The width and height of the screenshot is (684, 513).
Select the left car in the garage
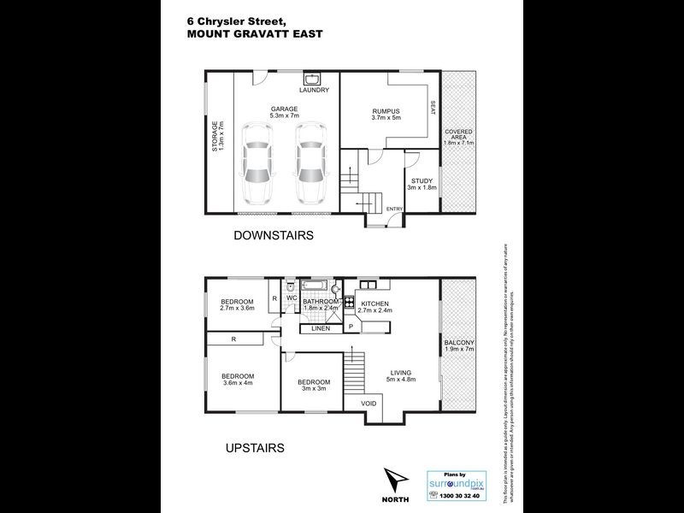(256, 162)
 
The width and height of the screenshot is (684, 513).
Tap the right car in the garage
(311, 162)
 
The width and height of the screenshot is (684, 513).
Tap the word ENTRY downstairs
(394, 209)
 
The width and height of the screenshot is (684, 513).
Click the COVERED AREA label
(458, 137)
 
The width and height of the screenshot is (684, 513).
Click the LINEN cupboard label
(321, 328)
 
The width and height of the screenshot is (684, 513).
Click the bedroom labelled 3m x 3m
(314, 385)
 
